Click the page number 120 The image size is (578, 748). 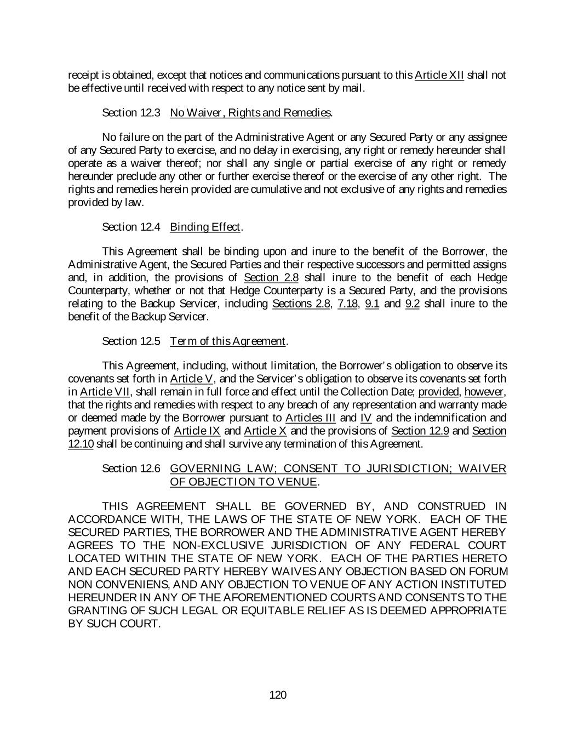[x=278, y=695]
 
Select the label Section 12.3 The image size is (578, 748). [x=131, y=113]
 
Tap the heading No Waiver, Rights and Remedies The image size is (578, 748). [x=250, y=113]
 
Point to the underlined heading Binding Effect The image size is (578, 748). [x=205, y=227]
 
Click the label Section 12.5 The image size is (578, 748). [x=131, y=341]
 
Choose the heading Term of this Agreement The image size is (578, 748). [x=228, y=341]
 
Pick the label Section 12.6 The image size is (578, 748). [x=131, y=469]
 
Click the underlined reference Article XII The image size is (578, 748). [x=439, y=75]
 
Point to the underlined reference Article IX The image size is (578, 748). [x=197, y=431]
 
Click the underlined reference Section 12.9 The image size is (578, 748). [x=420, y=431]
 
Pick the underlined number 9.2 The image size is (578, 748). [x=412, y=304]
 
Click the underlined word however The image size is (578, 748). [x=484, y=392]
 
